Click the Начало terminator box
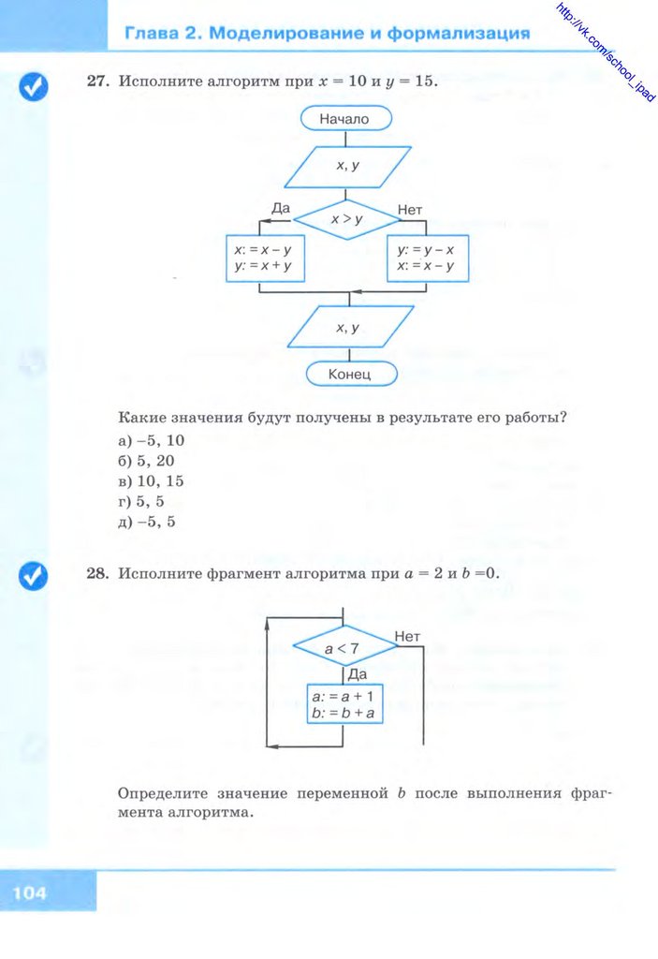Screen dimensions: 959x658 click(x=345, y=119)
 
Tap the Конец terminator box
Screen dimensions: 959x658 click(x=350, y=374)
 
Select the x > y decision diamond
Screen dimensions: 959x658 click(x=346, y=220)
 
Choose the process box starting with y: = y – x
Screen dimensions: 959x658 click(x=427, y=258)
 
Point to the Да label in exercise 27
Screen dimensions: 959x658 click(x=279, y=207)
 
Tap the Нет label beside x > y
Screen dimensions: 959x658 click(x=410, y=211)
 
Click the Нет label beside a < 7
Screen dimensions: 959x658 click(x=408, y=637)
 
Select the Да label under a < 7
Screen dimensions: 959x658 click(x=357, y=673)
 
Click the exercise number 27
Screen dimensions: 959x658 click(x=97, y=81)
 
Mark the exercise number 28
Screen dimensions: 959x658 click(x=97, y=572)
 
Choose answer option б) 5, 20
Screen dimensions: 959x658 click(x=146, y=461)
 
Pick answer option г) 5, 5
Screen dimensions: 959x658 click(x=142, y=502)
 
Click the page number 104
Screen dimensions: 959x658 click(x=30, y=893)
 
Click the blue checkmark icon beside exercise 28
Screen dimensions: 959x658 click(x=34, y=577)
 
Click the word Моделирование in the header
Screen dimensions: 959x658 click(x=286, y=34)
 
